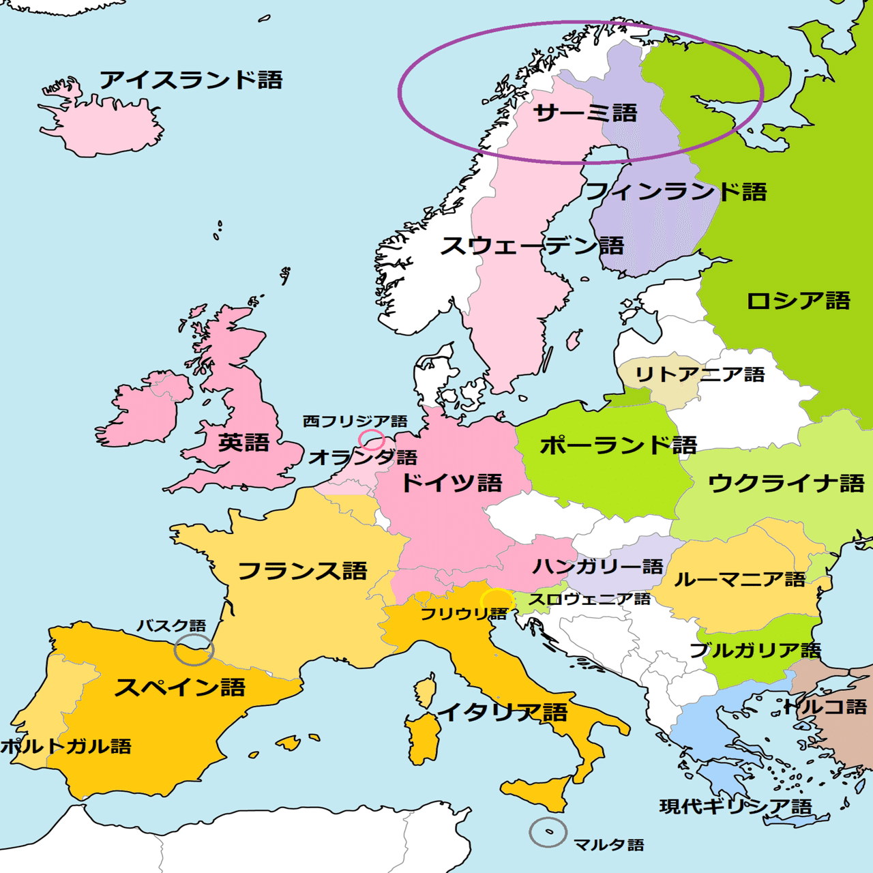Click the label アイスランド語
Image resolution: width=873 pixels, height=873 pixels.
tap(191, 80)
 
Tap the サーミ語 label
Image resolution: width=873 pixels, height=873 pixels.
tap(585, 113)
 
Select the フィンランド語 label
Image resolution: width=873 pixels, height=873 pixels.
tap(676, 192)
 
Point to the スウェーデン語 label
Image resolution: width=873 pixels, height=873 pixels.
tap(532, 246)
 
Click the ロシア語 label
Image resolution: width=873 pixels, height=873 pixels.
tap(798, 301)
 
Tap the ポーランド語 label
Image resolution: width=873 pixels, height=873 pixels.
tap(618, 445)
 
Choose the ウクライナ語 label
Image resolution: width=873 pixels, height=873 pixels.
tap(786, 484)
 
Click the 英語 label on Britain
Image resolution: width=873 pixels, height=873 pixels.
tap(243, 443)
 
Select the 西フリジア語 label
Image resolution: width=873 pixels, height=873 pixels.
tap(355, 421)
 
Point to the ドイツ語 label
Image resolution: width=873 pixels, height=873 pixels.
tap(452, 484)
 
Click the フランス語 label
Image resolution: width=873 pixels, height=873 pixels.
tap(303, 571)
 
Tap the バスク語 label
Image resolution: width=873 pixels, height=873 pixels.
tap(171, 625)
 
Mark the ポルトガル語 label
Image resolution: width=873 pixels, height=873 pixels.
tap(66, 746)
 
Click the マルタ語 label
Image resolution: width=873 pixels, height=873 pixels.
tap(608, 845)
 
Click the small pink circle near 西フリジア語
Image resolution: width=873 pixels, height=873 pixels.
tap(372, 440)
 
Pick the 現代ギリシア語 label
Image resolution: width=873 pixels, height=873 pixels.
tap(736, 807)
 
